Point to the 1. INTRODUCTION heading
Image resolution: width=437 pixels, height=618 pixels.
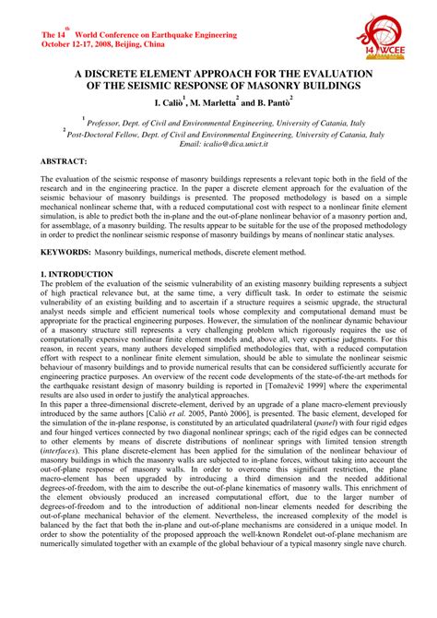click(78, 275)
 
